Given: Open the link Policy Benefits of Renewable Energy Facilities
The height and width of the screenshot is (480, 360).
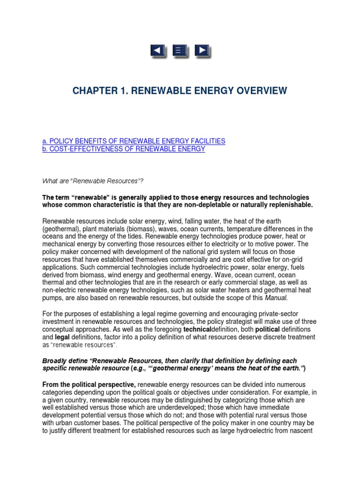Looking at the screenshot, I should pos(134,141).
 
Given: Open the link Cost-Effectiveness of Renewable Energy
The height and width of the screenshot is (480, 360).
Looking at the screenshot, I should pos(124,149).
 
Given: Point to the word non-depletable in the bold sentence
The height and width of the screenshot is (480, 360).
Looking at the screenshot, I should pos(211,205).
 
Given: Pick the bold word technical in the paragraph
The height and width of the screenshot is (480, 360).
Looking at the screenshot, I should pos(200,330).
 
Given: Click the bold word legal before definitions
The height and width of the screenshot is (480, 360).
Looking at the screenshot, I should pos(62,337).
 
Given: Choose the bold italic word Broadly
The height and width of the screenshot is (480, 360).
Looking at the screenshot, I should pos(55,361).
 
